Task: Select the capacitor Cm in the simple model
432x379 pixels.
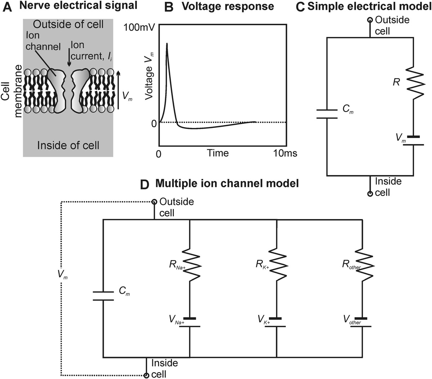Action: pos(327,113)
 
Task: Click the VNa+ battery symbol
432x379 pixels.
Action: pos(189,322)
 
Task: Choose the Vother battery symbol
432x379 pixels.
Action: pos(362,322)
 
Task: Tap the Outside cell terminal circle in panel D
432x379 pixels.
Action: pos(154,201)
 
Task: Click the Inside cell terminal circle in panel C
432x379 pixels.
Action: pos(370,194)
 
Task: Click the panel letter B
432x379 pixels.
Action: pos(169,6)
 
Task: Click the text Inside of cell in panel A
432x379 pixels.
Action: pos(68,145)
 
